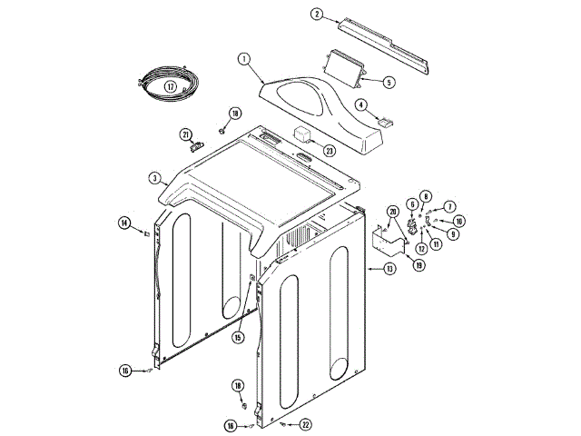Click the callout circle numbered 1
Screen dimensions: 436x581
click(244, 59)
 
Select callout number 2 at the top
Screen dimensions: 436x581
click(317, 14)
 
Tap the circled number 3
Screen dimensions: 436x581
click(155, 177)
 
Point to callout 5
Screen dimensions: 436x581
click(389, 82)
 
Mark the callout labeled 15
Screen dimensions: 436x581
click(237, 337)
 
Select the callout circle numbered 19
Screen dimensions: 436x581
click(419, 265)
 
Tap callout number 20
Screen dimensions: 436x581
click(392, 212)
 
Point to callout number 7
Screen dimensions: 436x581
click(449, 208)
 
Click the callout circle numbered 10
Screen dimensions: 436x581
click(459, 221)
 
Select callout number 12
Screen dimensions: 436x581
click(421, 248)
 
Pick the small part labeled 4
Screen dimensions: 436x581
click(385, 121)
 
